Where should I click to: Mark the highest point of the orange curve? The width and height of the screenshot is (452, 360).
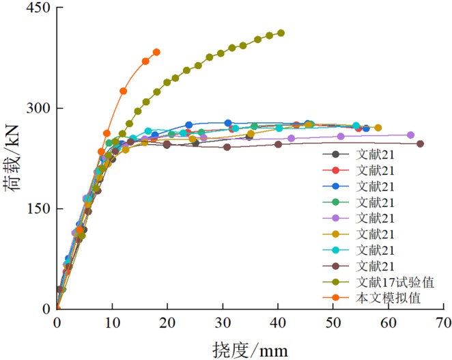pyautogui.click(x=156, y=52)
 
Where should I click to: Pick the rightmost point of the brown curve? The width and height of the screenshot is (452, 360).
pyautogui.click(x=420, y=143)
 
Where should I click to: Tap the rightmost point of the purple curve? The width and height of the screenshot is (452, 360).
pyautogui.click(x=411, y=135)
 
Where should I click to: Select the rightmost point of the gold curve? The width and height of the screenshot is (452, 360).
pyautogui.click(x=378, y=128)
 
